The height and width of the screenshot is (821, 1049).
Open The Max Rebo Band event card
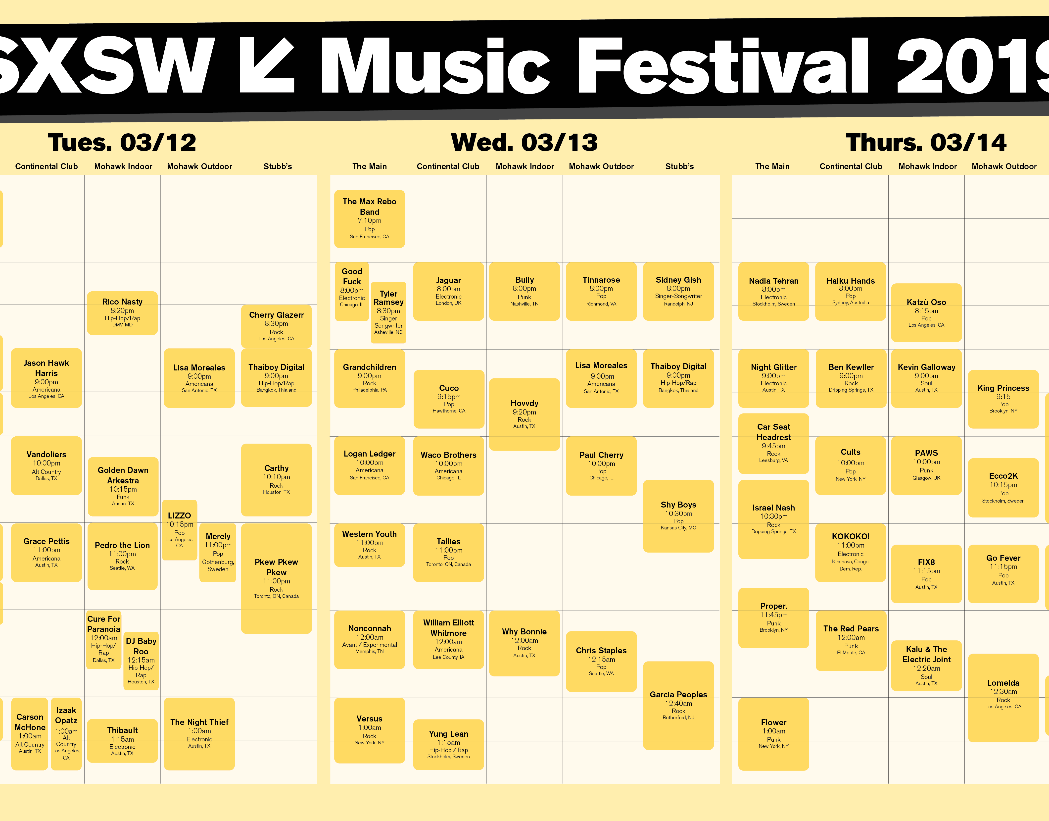(370, 219)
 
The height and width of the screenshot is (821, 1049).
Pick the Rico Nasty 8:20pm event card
(123, 313)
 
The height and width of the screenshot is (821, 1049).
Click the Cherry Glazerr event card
(276, 326)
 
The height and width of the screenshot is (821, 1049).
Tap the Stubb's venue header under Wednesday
(679, 166)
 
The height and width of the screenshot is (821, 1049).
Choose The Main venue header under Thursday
(772, 166)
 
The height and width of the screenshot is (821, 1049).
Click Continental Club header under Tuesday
(46, 166)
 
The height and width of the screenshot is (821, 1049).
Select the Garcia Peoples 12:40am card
(678, 705)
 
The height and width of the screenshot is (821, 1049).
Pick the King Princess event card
(1003, 399)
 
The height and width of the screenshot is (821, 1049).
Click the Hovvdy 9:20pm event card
(524, 414)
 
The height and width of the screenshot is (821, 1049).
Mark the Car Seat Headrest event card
(774, 443)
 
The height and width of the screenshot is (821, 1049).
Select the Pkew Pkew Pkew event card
(276, 578)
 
